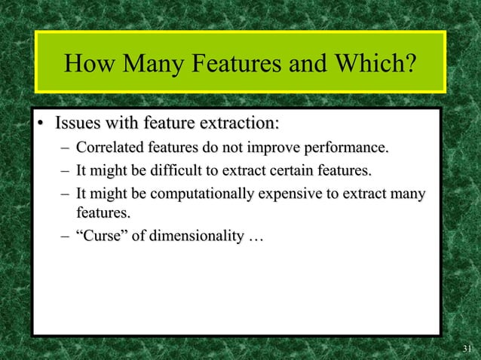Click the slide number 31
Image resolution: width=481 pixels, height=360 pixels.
[467, 348]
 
